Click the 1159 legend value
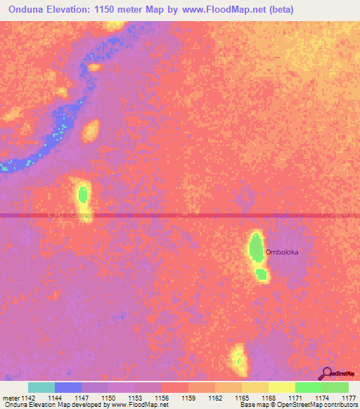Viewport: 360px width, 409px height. point(188,398)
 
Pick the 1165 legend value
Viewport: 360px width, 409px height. point(241,398)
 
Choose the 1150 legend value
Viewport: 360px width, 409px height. point(108,398)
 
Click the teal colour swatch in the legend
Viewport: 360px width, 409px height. point(41,387)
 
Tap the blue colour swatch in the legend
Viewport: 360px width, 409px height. point(68,387)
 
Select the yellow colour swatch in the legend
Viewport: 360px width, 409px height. point(282,387)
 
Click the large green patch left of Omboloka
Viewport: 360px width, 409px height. point(255,247)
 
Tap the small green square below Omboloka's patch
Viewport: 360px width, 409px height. point(261,275)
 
